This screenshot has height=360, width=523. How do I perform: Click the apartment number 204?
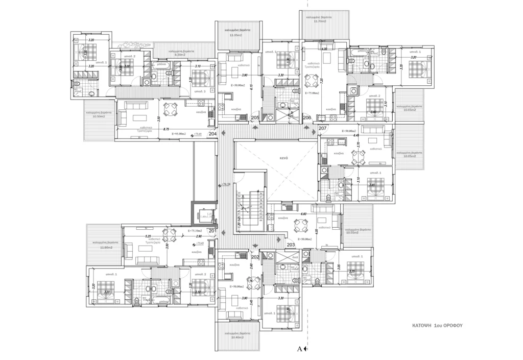click(213, 134)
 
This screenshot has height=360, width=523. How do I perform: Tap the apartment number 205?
click(255, 118)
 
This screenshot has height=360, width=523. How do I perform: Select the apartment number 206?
click(307, 118)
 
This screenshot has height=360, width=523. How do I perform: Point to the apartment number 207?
click(323, 128)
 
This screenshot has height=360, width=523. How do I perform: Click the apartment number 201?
click(213, 231)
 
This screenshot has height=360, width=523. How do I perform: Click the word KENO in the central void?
click(284, 159)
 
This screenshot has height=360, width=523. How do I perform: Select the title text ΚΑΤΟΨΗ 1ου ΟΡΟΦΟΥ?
click(437, 324)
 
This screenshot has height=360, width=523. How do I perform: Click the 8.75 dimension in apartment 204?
click(167, 129)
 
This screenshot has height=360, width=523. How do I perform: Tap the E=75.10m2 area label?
click(196, 230)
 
